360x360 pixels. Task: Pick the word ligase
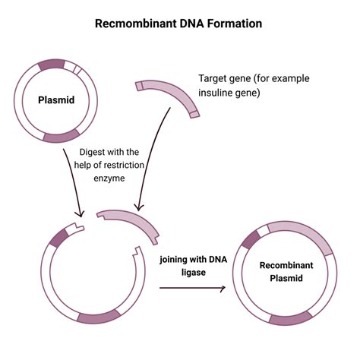pos(193,274)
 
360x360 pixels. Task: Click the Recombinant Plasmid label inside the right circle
pos(282,273)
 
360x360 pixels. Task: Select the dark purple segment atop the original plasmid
pos(51,65)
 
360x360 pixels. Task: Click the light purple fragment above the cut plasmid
pos(133,220)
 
